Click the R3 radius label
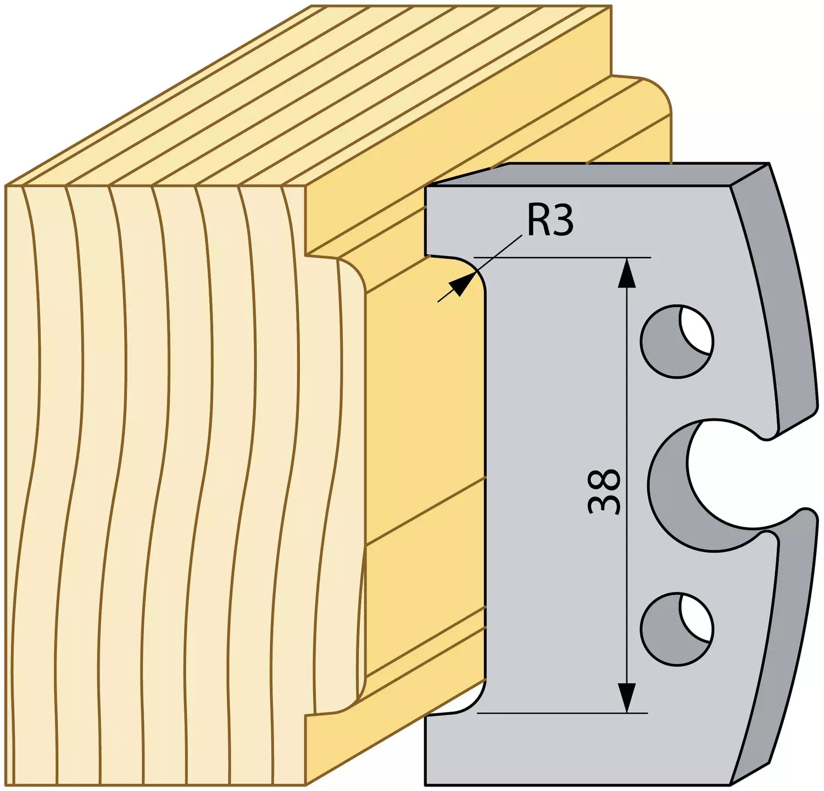pyautogui.click(x=550, y=220)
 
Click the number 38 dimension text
pyautogui.click(x=604, y=491)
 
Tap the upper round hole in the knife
pyautogui.click(x=677, y=341)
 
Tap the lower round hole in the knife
pyautogui.click(x=677, y=628)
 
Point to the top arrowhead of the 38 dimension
pyautogui.click(x=627, y=273)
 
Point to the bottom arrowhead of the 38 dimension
pyautogui.click(x=627, y=698)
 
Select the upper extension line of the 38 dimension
pyautogui.click(x=563, y=257)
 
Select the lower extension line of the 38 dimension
pyautogui.click(x=563, y=713)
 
